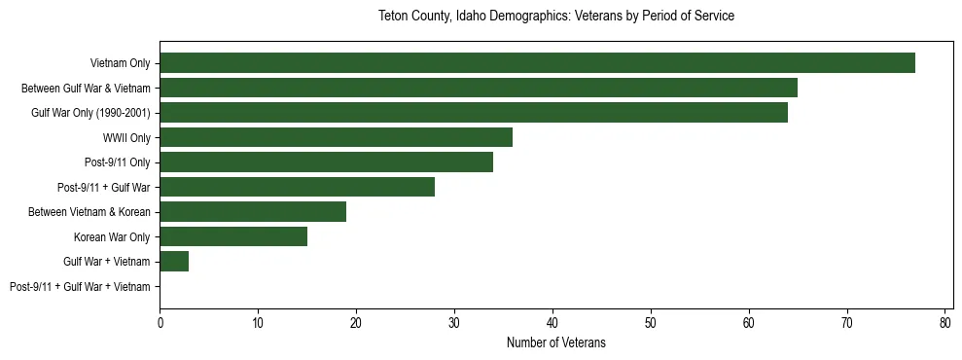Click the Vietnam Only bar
537,63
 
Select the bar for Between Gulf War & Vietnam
479,88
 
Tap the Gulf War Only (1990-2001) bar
474,113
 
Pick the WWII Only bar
336,137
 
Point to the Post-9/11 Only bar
326,162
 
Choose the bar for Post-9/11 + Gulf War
297,187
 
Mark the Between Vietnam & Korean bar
253,212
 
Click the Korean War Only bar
233,236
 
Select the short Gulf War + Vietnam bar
174,262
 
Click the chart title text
555,17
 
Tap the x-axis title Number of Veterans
555,342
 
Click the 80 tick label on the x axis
944,323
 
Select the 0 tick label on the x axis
160,323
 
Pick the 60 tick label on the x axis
749,323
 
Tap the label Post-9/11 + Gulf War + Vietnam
80,287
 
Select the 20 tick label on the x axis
356,323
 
